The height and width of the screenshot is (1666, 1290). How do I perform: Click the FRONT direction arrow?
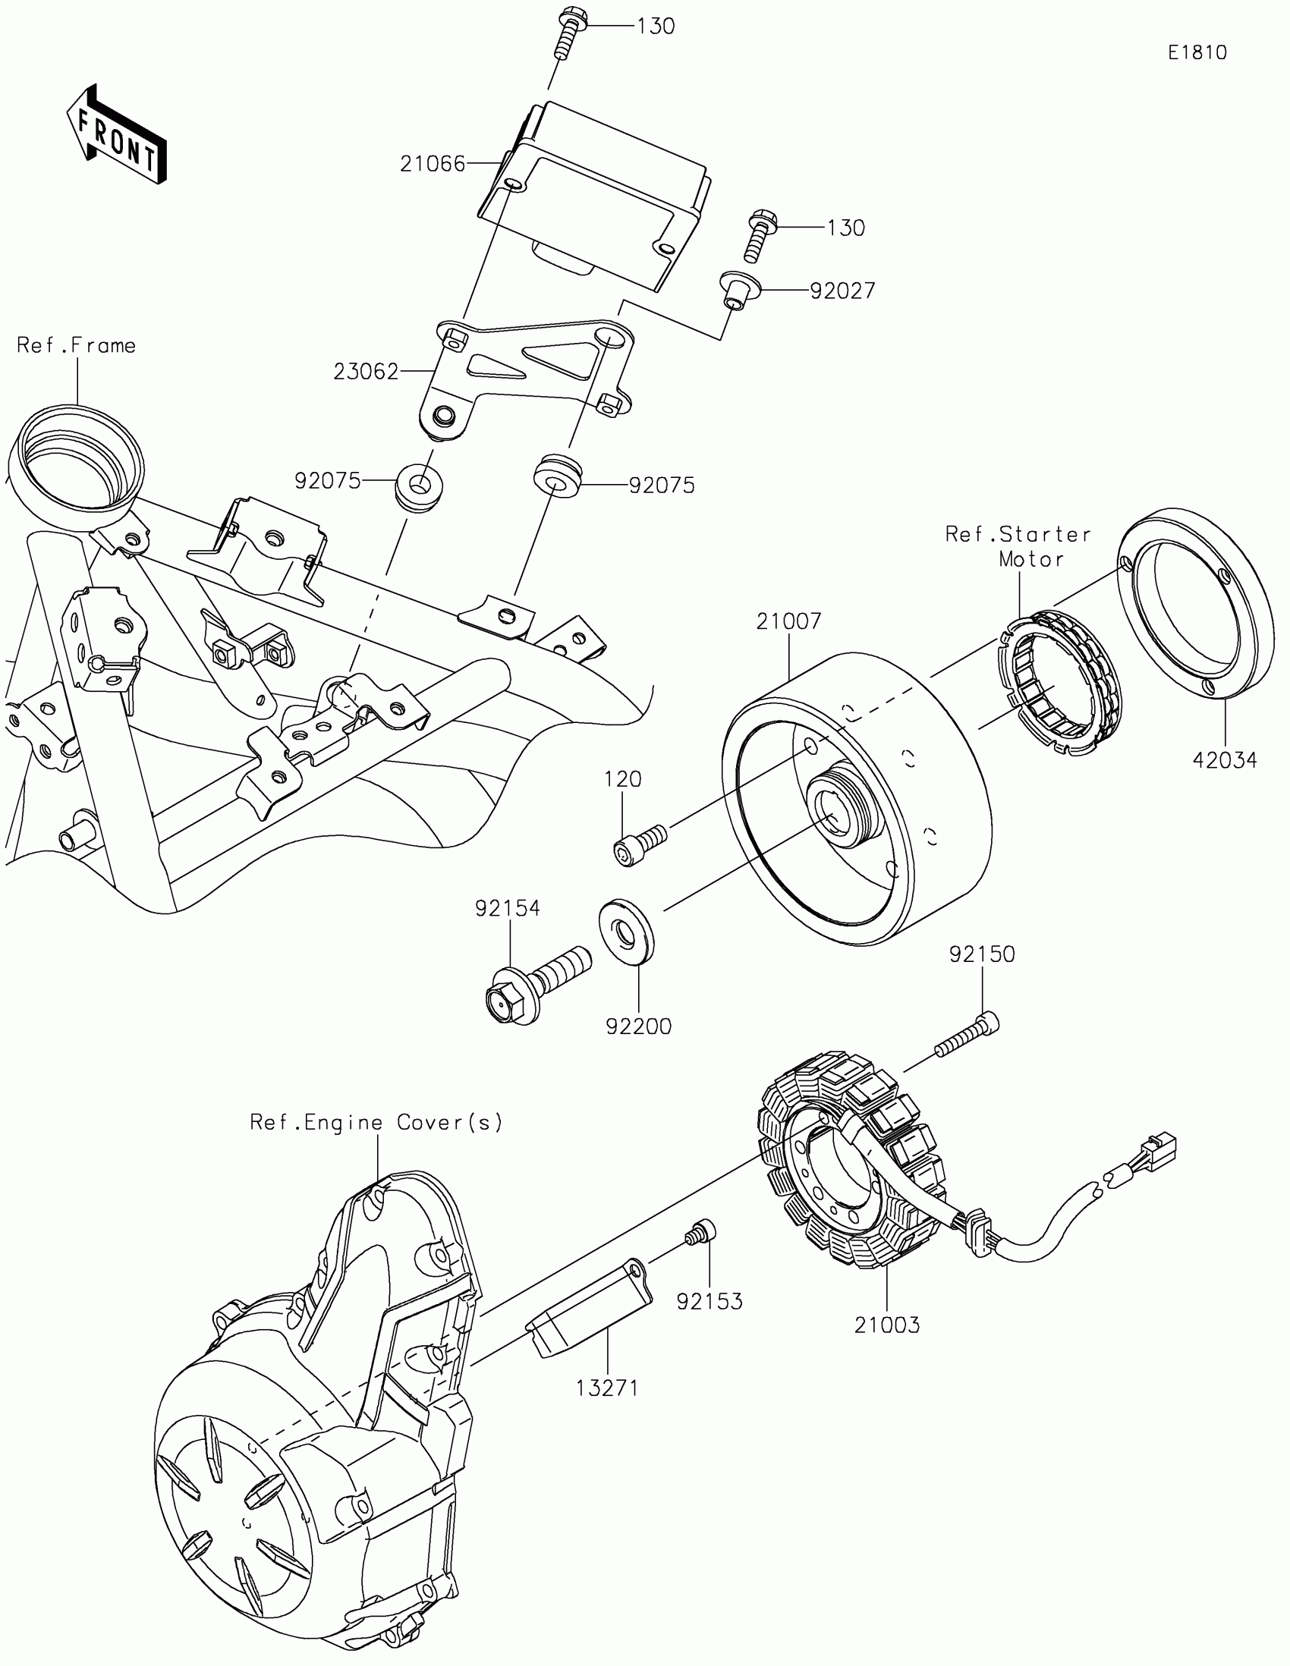116,135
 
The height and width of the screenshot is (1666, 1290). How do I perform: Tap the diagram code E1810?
1197,52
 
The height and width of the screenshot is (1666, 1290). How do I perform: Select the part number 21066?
433,163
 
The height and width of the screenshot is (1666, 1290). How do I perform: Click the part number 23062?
367,372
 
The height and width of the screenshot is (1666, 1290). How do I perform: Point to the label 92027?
842,291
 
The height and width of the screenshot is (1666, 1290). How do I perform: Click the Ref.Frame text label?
77,345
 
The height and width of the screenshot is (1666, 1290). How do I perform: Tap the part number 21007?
789,621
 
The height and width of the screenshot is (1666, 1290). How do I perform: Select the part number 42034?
1225,759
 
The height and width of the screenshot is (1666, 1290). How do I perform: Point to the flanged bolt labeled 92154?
534,989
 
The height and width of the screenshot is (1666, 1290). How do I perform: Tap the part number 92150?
982,954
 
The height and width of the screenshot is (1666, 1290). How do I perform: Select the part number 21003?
886,1325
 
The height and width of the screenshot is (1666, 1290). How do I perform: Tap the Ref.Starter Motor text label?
1018,546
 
